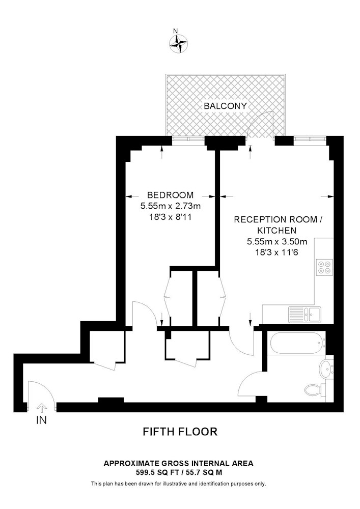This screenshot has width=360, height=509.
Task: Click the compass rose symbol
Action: coord(179,43)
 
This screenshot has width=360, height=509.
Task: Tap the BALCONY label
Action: coord(225,106)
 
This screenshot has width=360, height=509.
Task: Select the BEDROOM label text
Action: coord(170,195)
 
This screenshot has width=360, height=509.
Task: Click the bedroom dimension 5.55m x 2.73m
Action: coord(170,206)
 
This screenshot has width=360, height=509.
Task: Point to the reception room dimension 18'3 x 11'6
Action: coord(277,252)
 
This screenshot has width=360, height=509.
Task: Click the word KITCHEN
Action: coord(276,231)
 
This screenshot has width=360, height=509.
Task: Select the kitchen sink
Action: coord(305,315)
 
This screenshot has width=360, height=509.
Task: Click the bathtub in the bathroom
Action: coord(296,343)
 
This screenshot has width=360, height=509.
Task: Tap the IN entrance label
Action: coord(41,420)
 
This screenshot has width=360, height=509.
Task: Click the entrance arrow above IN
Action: coord(41,407)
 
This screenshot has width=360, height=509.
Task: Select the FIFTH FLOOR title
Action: coord(180,432)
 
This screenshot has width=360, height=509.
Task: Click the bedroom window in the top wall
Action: coord(188,139)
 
